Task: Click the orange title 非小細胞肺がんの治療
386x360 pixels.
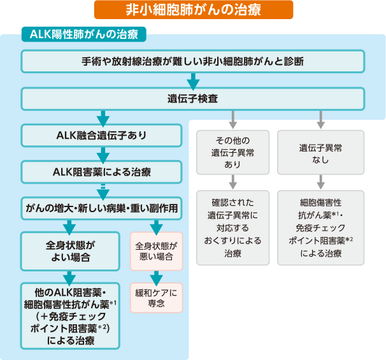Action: coord(194,10)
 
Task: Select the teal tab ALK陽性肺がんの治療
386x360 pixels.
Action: coord(84,34)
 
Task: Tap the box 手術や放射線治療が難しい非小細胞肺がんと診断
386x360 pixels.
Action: coord(192,61)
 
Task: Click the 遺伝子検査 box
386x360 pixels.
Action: coord(192,99)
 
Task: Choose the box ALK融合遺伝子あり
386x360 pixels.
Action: coord(101,136)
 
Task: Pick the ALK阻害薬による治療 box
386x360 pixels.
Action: coord(101,172)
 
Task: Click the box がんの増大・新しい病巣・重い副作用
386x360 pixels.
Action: coord(101,208)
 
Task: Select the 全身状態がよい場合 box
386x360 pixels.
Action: coord(70,251)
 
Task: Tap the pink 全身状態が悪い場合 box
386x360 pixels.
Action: coord(156,251)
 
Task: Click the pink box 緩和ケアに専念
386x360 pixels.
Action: coord(156,298)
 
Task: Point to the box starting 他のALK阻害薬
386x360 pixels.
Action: coord(70,316)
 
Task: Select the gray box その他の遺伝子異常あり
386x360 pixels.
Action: coord(233,152)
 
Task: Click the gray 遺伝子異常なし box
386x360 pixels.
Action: coord(321,152)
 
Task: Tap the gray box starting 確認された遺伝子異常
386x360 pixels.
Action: coord(233,227)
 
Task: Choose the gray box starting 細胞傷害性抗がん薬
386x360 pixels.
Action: coord(321,227)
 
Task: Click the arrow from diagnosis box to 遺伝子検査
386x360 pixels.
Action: coord(193,81)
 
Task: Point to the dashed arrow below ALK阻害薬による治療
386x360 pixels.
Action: coord(103,192)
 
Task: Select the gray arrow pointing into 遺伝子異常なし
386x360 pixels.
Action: coord(320,119)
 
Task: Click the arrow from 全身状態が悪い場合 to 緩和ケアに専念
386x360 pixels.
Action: coord(156,278)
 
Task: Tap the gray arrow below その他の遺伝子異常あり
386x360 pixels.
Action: coord(233,182)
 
